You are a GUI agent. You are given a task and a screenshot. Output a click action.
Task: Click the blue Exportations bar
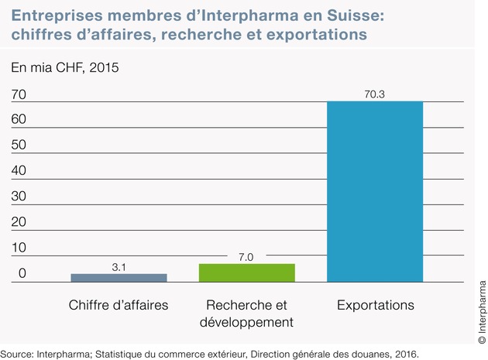pyautogui.click(x=375, y=191)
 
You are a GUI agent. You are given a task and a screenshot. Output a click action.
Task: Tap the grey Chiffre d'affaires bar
pyautogui.click(x=119, y=277)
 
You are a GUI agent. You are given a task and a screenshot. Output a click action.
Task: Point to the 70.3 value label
pyautogui.click(x=375, y=94)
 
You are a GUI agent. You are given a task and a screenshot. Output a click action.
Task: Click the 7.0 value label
pyautogui.click(x=246, y=256)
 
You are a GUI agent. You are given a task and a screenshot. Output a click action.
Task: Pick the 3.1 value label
pyautogui.click(x=119, y=266)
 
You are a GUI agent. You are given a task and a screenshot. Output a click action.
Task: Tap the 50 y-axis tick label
pyautogui.click(x=19, y=146)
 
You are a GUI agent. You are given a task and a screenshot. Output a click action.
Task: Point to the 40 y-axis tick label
pyautogui.click(x=19, y=171)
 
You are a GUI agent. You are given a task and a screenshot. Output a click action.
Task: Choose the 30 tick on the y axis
pyautogui.click(x=19, y=197)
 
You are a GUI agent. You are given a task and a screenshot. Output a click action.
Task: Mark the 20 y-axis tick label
pyautogui.click(x=19, y=222)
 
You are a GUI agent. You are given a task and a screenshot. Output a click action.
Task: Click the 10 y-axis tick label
pyautogui.click(x=19, y=248)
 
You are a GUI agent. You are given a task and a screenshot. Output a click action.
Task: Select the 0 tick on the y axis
pyautogui.click(x=23, y=273)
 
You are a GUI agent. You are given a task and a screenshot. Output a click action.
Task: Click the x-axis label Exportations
pyautogui.click(x=375, y=305)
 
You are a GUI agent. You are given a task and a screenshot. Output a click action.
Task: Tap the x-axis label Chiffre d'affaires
pyautogui.click(x=119, y=305)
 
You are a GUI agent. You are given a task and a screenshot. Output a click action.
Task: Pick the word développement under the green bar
pyautogui.click(x=246, y=321)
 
